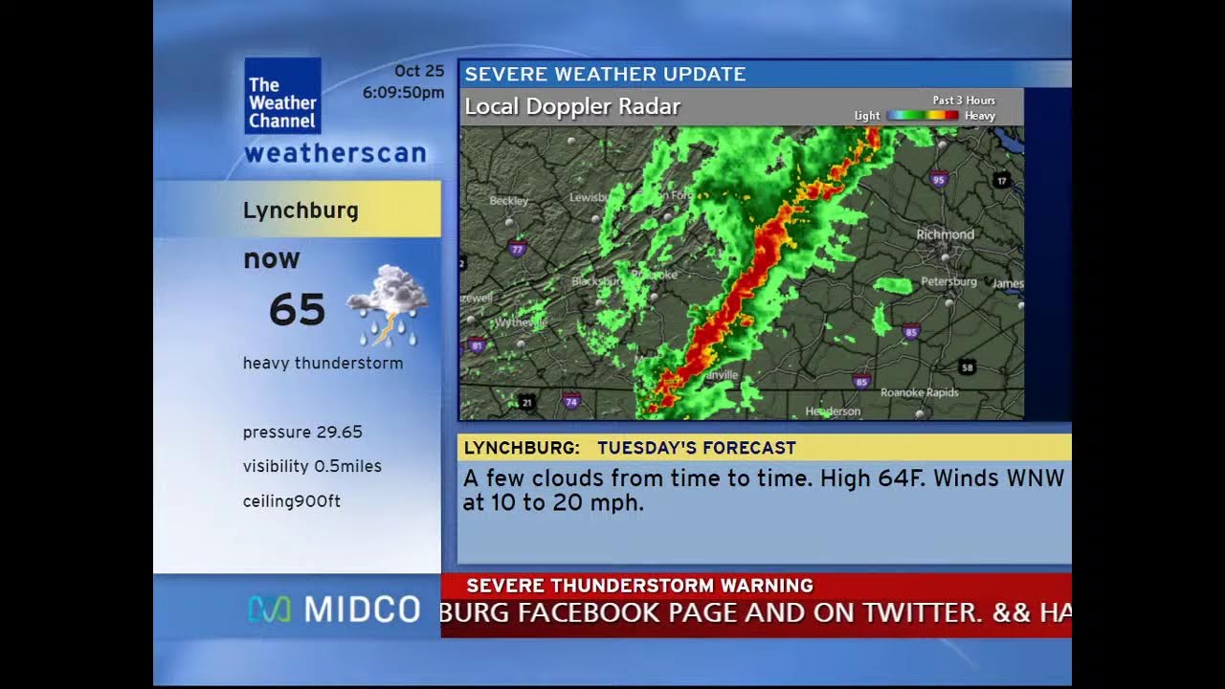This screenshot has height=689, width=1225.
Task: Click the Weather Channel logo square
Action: (x=282, y=96)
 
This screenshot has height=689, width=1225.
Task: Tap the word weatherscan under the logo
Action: (x=334, y=153)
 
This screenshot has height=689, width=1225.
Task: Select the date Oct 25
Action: (x=419, y=71)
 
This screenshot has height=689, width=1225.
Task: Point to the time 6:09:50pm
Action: (x=403, y=93)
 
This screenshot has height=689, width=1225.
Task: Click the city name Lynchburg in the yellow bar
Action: (x=301, y=211)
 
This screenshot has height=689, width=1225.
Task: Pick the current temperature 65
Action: (x=297, y=310)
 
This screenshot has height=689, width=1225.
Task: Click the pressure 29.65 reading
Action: (x=302, y=432)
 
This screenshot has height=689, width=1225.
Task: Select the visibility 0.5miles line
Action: (x=312, y=466)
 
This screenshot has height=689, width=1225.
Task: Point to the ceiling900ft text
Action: (x=292, y=500)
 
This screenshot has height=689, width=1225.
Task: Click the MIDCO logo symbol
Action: (x=269, y=610)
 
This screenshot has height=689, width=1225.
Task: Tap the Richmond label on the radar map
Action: (x=945, y=234)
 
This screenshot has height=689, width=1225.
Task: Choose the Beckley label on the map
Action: (x=508, y=201)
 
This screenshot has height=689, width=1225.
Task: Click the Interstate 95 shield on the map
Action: (x=938, y=178)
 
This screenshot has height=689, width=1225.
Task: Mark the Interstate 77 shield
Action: (x=518, y=251)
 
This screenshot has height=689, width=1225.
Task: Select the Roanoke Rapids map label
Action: (x=919, y=392)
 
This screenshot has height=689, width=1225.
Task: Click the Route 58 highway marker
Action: (x=968, y=367)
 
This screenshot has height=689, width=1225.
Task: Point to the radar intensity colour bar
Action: (x=922, y=116)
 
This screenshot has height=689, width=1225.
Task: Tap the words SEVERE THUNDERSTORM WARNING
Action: (x=639, y=586)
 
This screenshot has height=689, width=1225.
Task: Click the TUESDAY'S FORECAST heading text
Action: (x=696, y=447)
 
